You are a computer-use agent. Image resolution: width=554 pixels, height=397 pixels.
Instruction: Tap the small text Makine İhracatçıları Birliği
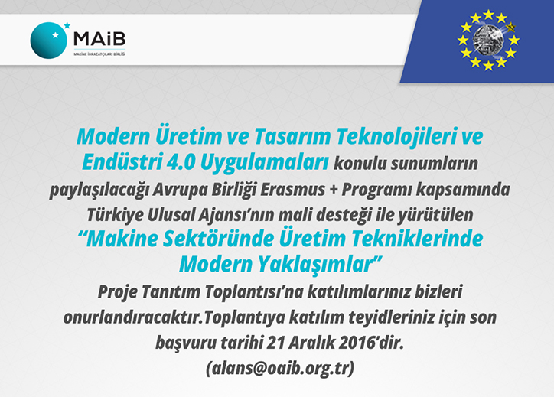point(99,54)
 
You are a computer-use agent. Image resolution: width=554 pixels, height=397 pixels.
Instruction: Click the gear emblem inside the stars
point(487,39)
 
